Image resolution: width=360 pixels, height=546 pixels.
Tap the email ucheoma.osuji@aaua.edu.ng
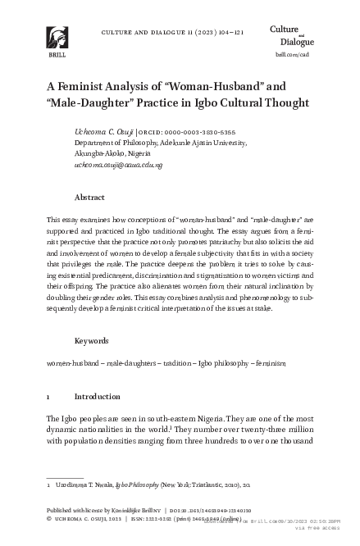(x=118, y=164)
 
